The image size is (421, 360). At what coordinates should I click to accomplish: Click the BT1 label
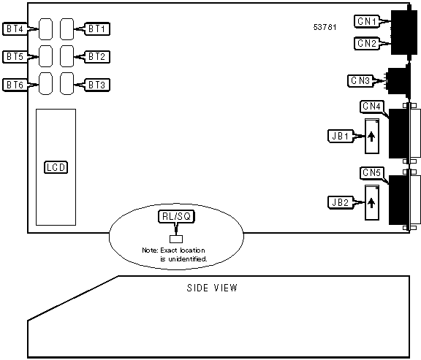point(97,29)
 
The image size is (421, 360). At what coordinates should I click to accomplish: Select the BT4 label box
point(15,29)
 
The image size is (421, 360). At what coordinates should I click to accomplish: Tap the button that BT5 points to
point(45,56)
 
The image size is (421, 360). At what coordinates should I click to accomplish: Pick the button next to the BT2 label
point(67,56)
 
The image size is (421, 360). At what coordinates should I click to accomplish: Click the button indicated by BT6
point(45,83)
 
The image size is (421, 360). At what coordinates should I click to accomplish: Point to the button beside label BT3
point(67,83)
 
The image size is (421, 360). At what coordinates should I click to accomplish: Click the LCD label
point(56,167)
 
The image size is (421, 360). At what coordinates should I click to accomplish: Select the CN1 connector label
point(367,21)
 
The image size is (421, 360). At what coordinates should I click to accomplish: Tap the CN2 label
point(367,43)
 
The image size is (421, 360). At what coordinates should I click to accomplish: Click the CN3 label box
point(360,80)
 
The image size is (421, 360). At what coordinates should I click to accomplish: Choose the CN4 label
point(372,107)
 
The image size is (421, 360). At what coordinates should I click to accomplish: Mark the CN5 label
point(372,173)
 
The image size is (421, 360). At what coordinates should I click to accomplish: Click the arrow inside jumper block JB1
point(371,137)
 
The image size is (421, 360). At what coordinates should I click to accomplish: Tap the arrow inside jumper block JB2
point(371,203)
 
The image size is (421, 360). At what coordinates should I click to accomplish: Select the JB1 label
point(341,137)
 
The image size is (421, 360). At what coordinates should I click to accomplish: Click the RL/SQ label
point(176,216)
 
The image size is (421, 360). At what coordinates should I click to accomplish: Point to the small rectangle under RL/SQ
point(176,239)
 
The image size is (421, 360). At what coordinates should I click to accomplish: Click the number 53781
point(325,27)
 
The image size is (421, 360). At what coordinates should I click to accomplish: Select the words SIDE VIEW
point(212,288)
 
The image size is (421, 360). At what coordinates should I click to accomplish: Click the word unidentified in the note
point(188,259)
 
